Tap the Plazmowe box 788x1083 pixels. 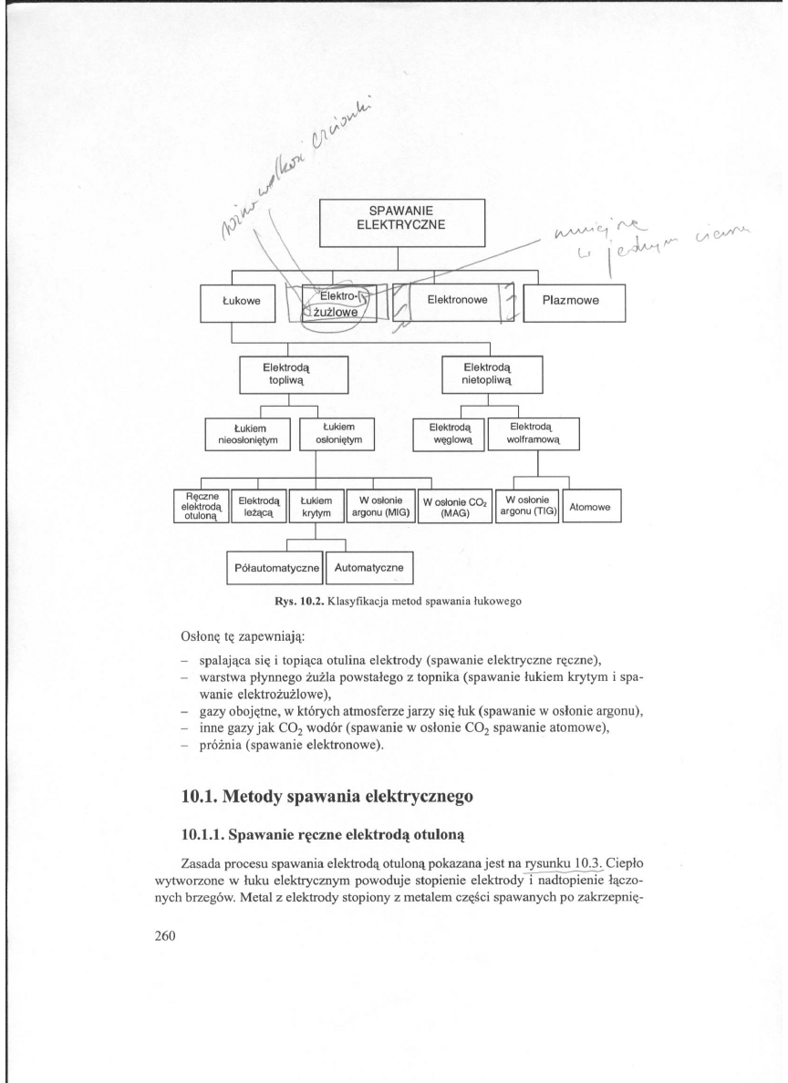point(575,304)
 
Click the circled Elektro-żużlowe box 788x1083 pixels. point(337,304)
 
